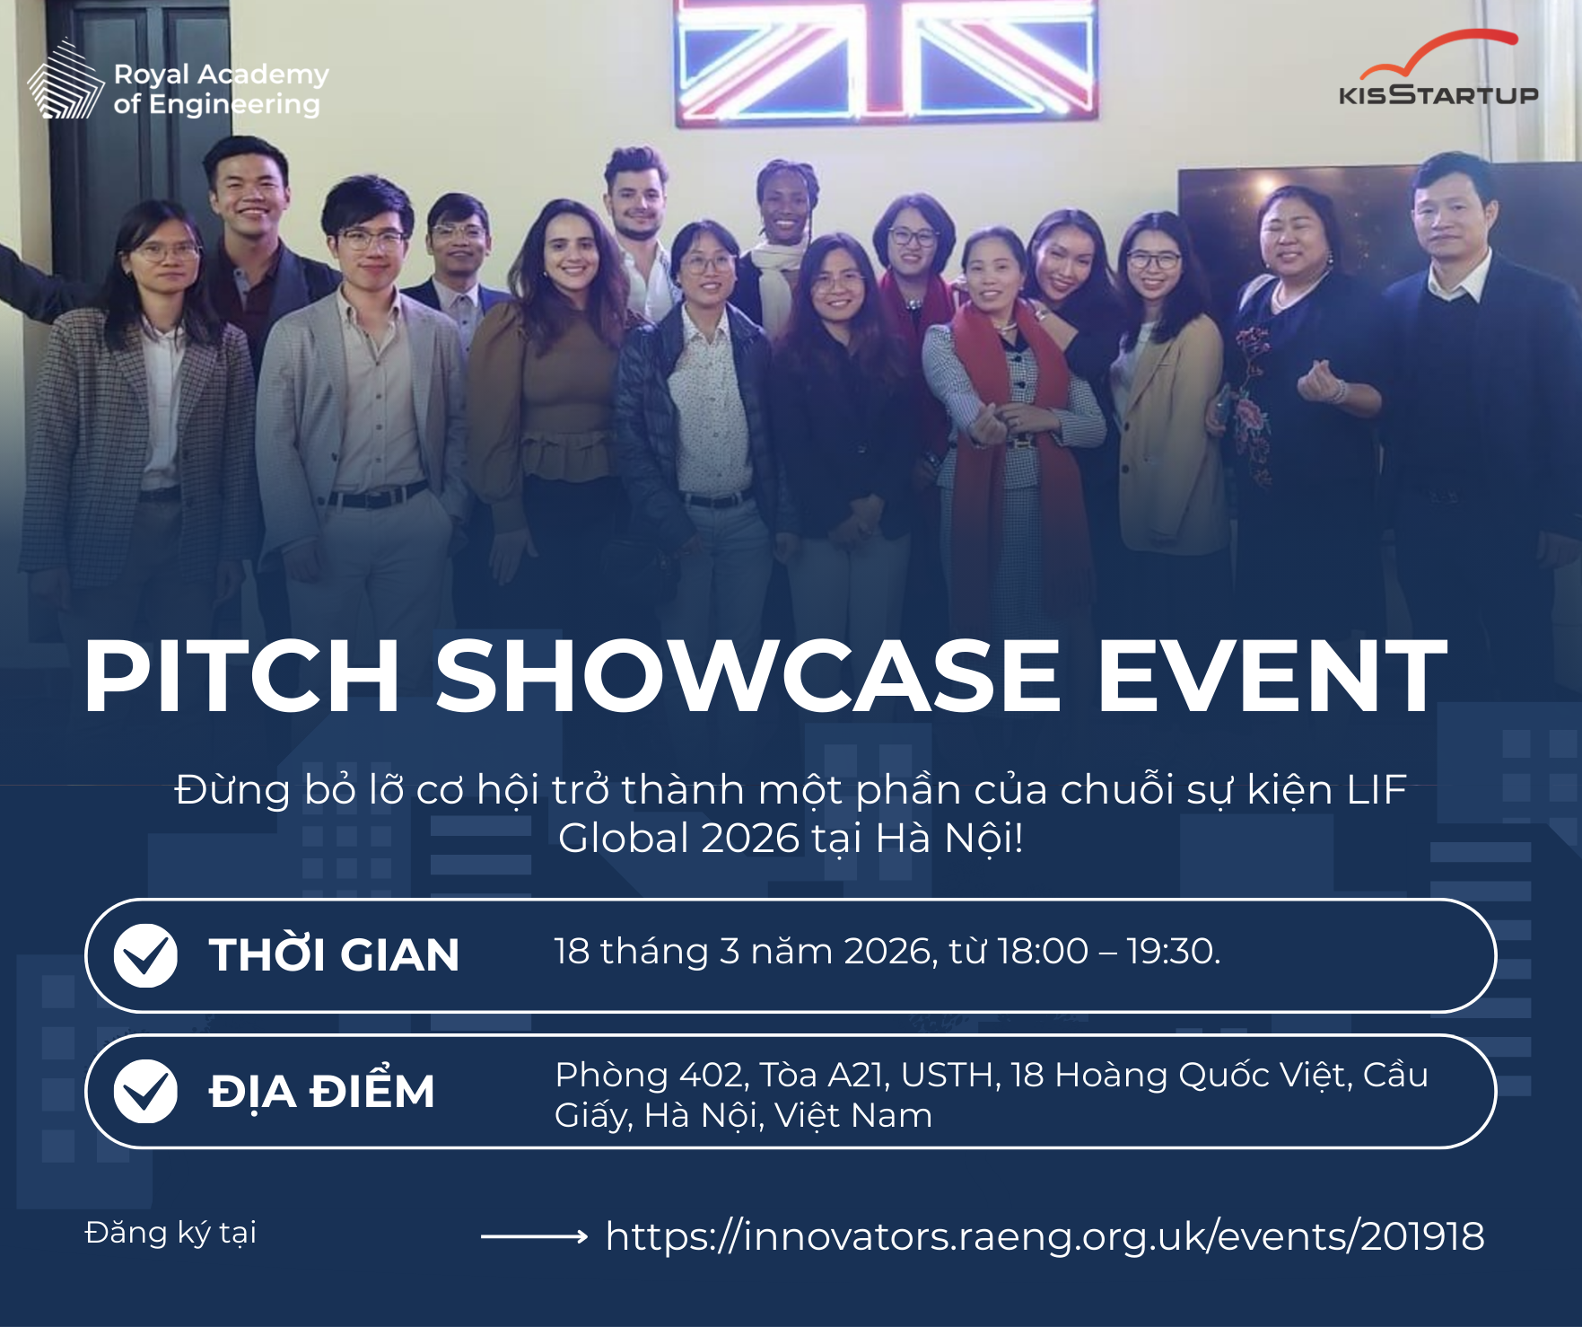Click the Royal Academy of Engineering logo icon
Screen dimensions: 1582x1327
[66, 79]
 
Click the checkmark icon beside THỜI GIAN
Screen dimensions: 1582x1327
[145, 955]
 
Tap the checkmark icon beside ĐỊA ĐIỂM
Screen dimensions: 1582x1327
[145, 1091]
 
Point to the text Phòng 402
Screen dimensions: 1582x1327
[650, 1076]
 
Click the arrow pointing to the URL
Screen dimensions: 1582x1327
[534, 1236]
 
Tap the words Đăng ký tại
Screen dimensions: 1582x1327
[170, 1233]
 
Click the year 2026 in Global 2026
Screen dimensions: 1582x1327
[750, 839]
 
